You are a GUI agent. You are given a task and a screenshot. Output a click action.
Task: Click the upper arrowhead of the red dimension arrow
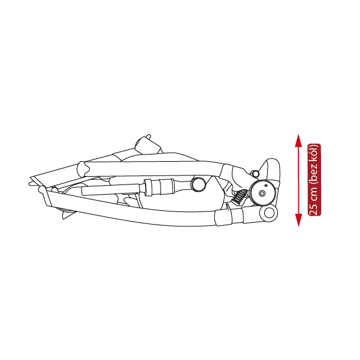298,141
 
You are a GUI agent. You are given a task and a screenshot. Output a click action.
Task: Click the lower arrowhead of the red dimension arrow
298,220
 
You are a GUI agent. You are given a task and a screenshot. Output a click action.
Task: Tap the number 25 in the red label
314,210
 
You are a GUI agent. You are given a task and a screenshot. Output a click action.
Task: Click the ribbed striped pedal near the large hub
240,196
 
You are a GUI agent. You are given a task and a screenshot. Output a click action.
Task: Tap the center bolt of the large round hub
262,193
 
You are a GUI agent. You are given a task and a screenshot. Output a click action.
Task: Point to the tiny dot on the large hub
266,185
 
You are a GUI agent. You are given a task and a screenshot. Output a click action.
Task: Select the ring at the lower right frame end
269,213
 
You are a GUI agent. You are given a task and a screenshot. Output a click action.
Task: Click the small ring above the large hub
255,173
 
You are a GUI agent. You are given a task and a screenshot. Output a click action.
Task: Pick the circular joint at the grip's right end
199,184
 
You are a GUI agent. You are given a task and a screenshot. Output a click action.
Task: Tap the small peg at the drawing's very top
149,136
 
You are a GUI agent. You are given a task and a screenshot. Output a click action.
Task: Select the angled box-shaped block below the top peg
148,146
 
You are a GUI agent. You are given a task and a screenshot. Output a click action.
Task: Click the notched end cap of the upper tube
84,169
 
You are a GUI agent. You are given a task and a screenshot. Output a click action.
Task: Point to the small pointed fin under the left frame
67,215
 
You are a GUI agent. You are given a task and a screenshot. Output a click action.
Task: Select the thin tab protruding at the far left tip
33,183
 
